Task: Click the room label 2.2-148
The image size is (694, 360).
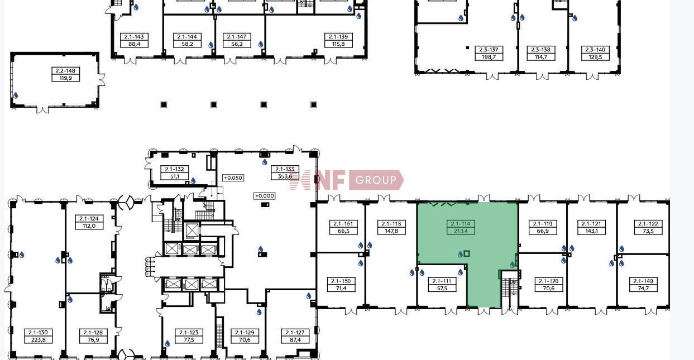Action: [x=66, y=71]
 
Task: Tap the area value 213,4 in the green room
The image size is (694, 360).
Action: [x=461, y=231]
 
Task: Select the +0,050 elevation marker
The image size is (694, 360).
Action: [x=233, y=178]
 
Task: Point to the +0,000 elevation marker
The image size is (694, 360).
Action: [x=264, y=196]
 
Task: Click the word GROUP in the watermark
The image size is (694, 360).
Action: [x=376, y=180]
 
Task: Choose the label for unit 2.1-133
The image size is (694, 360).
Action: [x=285, y=169]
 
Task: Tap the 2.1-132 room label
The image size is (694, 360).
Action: [x=174, y=169]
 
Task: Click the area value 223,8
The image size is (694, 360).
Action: [x=39, y=340]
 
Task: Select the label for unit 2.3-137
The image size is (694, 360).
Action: [x=489, y=50]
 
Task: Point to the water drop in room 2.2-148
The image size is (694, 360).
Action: [x=16, y=95]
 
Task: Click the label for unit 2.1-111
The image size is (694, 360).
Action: [x=442, y=281]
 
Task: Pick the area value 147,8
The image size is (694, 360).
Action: [x=391, y=231]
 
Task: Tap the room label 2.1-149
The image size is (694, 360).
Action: [x=643, y=281]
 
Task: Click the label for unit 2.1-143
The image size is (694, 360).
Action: [x=134, y=36]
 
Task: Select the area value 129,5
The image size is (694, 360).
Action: [x=595, y=57]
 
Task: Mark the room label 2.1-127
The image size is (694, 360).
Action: [x=295, y=333]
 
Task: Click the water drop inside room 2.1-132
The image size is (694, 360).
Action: [x=193, y=181]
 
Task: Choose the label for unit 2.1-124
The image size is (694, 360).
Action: [x=89, y=218]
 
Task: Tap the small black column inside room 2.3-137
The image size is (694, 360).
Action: [x=467, y=47]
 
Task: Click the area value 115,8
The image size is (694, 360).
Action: [x=338, y=44]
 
